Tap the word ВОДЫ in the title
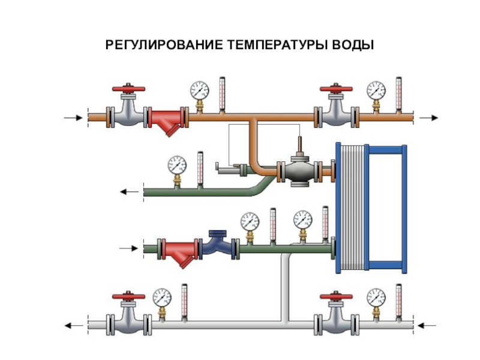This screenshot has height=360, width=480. [x=352, y=46]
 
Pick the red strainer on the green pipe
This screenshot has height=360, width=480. [x=180, y=251]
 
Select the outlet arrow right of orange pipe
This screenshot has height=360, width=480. [x=429, y=118]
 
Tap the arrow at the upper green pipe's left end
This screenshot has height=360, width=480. [x=128, y=192]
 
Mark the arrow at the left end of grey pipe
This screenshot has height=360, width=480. [x=74, y=326]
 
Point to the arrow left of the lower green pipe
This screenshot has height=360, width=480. [x=128, y=247]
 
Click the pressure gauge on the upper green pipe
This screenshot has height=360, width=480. [x=177, y=164]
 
